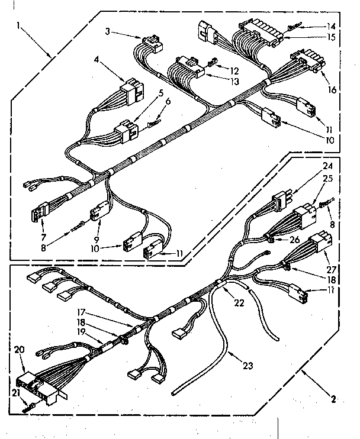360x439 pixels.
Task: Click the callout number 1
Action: [20, 25]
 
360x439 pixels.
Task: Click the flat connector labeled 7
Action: [36, 210]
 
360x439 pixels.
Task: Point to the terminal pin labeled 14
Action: [293, 27]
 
